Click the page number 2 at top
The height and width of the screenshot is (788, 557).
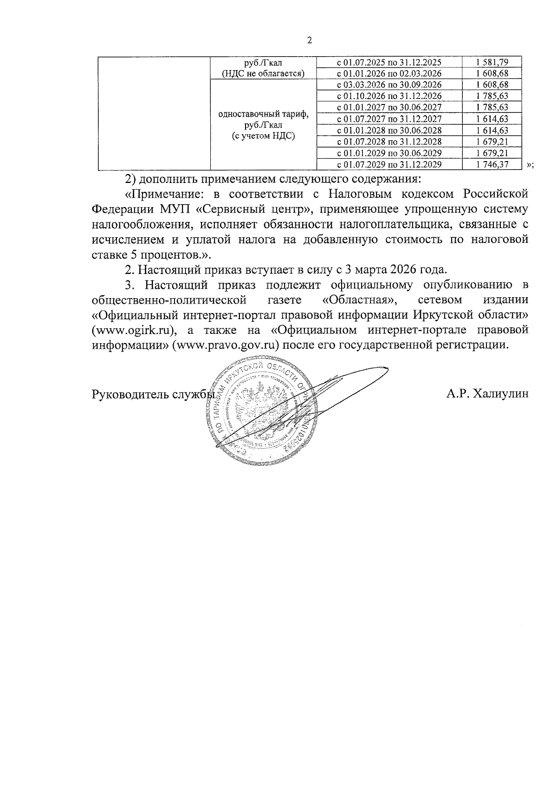click(x=310, y=40)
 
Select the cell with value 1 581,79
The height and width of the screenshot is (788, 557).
click(x=492, y=62)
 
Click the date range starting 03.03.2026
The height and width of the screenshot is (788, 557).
click(x=389, y=85)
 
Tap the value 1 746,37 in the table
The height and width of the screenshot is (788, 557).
click(x=492, y=164)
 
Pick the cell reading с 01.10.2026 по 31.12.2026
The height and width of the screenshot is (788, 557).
click(x=389, y=96)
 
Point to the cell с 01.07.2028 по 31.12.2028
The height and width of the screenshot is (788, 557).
click(x=389, y=142)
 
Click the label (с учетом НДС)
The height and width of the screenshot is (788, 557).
click(x=263, y=136)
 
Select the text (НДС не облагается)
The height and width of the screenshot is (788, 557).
click(x=263, y=73)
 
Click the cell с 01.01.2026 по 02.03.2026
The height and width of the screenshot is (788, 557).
click(x=389, y=73)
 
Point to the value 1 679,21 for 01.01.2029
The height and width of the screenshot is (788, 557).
click(x=492, y=153)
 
